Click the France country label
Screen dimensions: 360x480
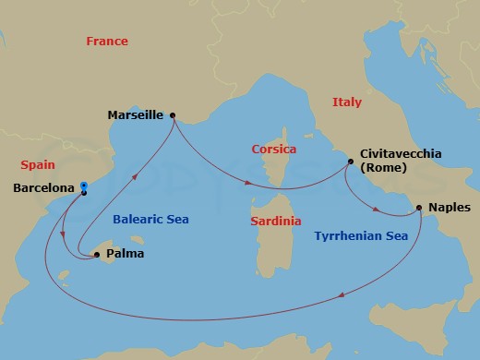click(x=106, y=42)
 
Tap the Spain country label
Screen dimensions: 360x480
click(x=39, y=164)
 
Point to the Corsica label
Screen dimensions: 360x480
click(x=274, y=149)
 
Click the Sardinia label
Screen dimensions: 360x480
click(x=277, y=222)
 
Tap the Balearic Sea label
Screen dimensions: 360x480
click(x=150, y=220)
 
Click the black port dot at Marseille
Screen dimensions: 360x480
click(x=173, y=116)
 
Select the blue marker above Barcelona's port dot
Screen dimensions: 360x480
click(x=84, y=185)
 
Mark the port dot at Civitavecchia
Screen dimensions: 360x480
click(x=350, y=162)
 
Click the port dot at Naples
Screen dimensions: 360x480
click(x=419, y=208)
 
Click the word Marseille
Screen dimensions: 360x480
click(x=135, y=116)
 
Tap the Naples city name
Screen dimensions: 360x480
click(x=450, y=209)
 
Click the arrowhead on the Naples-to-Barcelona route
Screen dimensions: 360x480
click(x=342, y=295)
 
